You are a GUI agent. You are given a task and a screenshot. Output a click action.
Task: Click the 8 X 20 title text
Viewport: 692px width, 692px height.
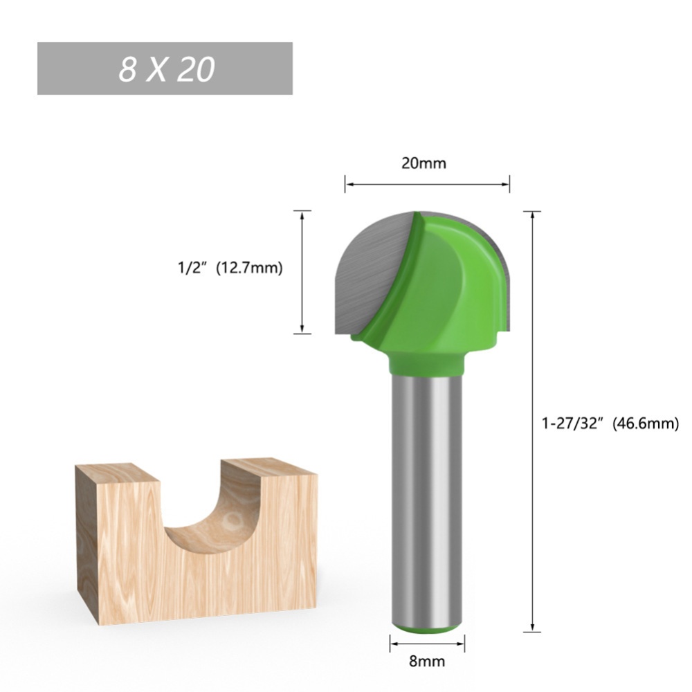point(165,69)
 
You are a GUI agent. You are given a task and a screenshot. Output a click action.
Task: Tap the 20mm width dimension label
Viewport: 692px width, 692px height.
point(424,163)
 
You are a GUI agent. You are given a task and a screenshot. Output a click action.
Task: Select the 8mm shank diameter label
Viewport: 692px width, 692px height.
point(427,661)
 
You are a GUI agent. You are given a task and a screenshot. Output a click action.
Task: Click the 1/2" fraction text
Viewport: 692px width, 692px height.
point(192,268)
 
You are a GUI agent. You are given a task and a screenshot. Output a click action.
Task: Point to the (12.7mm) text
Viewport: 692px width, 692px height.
point(250,268)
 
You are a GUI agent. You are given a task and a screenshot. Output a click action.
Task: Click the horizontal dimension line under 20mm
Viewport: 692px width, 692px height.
point(427,185)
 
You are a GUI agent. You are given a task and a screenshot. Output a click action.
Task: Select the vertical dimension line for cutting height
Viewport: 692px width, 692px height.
point(302,272)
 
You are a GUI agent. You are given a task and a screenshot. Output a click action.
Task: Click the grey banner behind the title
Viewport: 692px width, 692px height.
point(270,69)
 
